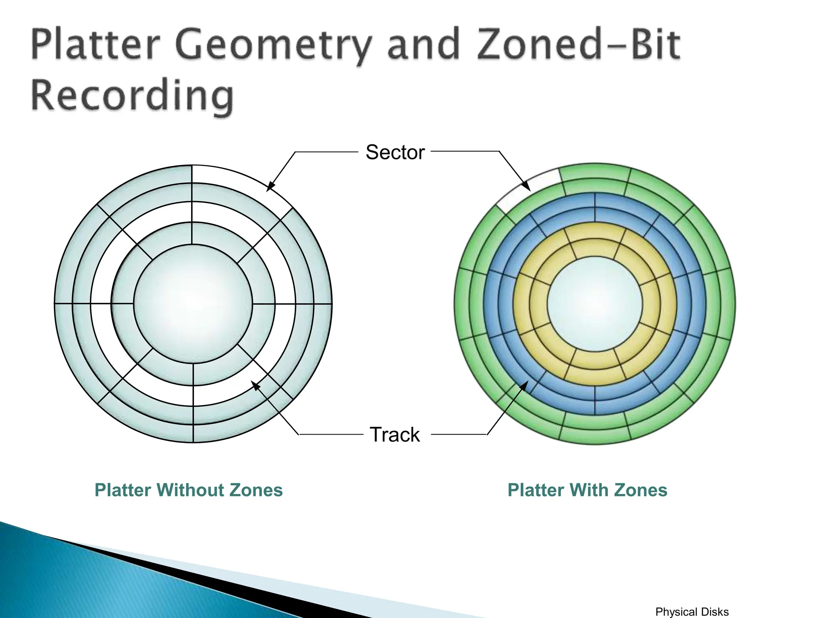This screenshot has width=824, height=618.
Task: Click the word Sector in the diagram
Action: [395, 152]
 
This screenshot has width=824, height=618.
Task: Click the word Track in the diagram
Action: [394, 435]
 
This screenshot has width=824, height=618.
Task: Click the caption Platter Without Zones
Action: [188, 490]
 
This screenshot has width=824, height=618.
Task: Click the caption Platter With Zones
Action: [587, 490]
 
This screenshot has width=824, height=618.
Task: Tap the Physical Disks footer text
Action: [692, 612]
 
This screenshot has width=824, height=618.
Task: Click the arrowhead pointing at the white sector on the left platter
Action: [270, 187]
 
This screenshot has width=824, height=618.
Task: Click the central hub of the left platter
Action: [193, 303]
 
